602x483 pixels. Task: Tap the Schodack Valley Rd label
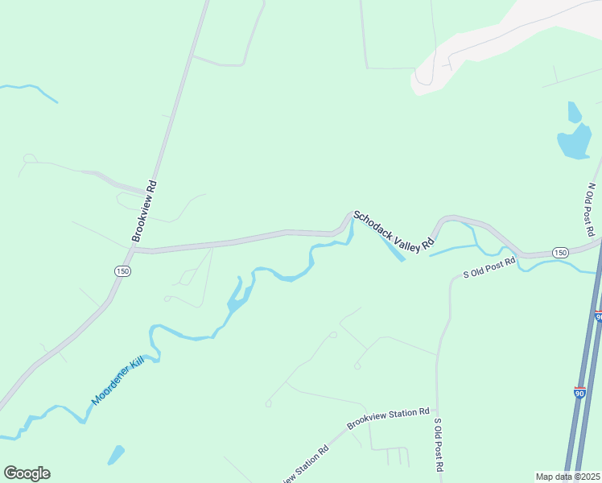394,229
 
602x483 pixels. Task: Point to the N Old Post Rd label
591,208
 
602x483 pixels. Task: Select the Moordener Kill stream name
122,374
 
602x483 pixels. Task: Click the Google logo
27,473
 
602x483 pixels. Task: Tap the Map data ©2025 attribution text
567,477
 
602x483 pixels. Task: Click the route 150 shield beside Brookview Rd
122,271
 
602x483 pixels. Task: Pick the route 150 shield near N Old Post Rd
561,253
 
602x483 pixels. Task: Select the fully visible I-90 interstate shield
579,393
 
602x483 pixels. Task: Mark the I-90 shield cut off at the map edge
599,316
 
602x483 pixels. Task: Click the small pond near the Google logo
116,455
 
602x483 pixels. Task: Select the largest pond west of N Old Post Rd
575,142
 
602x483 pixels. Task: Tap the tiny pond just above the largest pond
574,111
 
